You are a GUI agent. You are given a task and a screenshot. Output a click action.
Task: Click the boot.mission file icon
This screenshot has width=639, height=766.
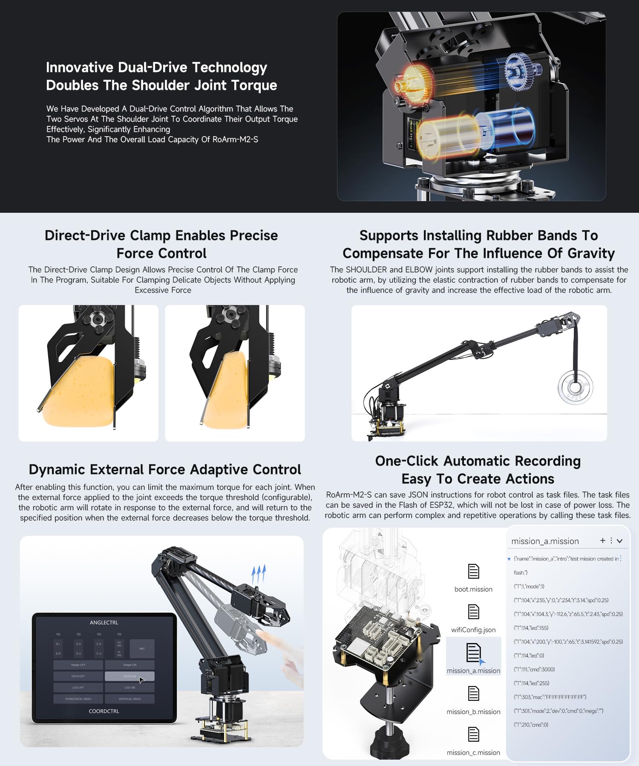473,571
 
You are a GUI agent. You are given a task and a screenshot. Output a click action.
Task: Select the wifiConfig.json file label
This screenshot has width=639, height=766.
473,630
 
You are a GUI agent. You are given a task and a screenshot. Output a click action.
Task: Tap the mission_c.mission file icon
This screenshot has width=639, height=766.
473,735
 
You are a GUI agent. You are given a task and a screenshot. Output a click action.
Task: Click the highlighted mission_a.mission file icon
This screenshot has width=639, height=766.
473,653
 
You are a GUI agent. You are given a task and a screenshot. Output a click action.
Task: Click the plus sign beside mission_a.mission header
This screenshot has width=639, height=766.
602,540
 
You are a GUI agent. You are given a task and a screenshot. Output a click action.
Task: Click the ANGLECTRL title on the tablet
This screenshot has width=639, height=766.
104,623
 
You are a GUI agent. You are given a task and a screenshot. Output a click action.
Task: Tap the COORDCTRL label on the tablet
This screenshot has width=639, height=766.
104,711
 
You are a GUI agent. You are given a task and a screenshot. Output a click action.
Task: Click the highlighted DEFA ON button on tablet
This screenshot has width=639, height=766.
130,676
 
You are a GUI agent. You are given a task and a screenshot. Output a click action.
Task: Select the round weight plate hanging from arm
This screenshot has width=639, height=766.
575,387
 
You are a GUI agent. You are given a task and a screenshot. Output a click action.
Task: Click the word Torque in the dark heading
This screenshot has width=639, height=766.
254,86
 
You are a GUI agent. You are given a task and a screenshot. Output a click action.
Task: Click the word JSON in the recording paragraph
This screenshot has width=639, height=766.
418,495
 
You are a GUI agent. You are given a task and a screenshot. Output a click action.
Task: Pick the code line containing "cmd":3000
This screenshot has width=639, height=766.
534,669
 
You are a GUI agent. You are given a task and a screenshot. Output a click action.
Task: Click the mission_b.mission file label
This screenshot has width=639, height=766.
473,712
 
